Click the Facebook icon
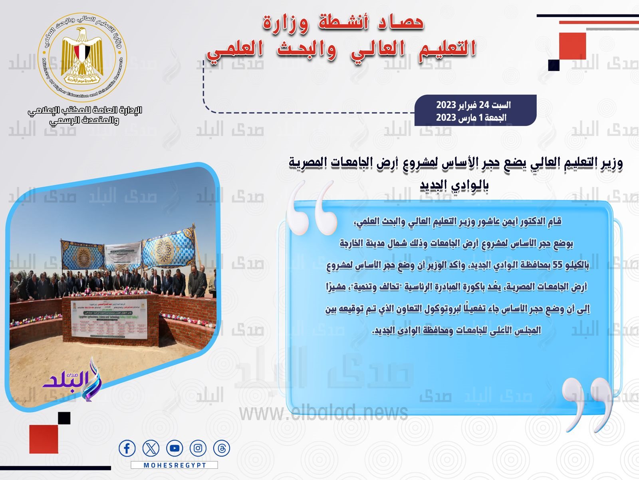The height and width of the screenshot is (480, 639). pos(127,448)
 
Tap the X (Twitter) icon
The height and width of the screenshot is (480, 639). pos(151,448)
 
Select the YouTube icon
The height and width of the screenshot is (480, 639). pos(175,448)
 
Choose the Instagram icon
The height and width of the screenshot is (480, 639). pos(198,448)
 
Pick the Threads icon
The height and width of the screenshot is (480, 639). pos(222,448)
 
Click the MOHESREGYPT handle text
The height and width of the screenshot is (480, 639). pos(175,465)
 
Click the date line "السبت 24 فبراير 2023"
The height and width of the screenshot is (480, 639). pos(473,105)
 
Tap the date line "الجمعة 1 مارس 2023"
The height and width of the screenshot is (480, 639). pos(471,117)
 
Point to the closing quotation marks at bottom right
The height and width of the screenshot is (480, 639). pos(587,404)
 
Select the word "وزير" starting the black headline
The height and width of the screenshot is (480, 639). pos(611,163)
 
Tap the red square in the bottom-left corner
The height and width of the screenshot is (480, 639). pos(44,439)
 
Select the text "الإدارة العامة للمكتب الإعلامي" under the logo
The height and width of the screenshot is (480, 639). pos(85,110)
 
